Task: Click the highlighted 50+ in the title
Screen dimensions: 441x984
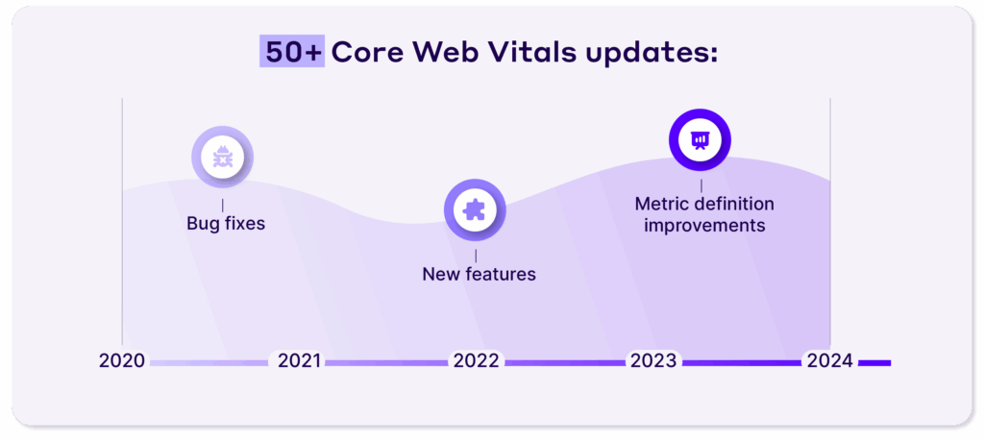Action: coord(291,52)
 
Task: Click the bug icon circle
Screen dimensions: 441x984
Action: coord(222,158)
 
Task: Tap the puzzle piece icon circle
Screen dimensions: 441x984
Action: coord(475,209)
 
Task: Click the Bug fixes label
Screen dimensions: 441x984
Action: coord(226,224)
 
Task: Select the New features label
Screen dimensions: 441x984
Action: coord(479,274)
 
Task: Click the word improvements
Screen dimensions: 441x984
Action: coord(704,226)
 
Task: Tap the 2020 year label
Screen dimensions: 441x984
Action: coord(122,361)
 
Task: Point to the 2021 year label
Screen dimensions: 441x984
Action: coord(300,361)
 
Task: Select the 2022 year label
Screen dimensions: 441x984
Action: coord(476,361)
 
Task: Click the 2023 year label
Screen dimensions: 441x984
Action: coord(653,361)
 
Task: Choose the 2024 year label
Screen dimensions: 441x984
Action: coord(830,361)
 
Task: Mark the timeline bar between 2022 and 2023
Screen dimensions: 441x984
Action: coord(564,363)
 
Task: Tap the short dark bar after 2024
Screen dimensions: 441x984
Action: coord(874,363)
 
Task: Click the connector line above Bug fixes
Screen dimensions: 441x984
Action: coord(223,205)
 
